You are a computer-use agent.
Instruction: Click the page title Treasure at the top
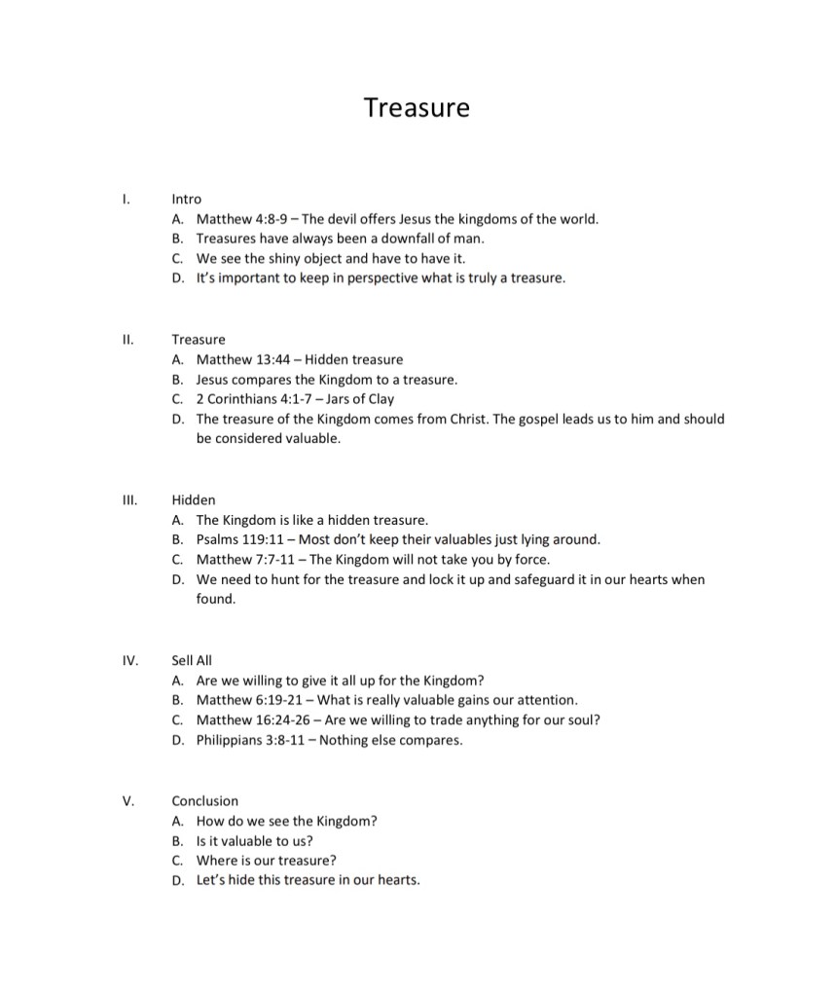coord(417,107)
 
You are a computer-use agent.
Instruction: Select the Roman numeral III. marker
coord(129,499)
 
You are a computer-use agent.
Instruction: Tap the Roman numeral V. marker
coord(127,801)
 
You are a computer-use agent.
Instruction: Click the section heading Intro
coord(186,199)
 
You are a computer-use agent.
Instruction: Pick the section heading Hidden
coord(194,499)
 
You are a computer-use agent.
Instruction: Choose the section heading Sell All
coord(192,660)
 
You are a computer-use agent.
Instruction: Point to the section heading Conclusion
coord(204,801)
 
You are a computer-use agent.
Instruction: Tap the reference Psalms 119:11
coord(241,539)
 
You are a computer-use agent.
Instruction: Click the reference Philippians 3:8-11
coord(251,740)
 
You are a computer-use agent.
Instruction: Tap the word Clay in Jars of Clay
coord(381,399)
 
